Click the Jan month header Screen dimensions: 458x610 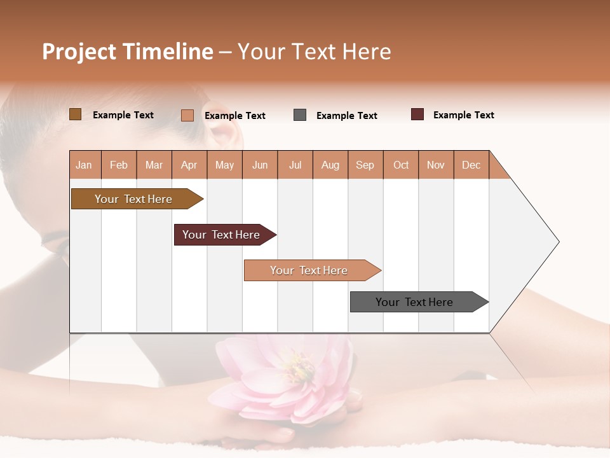click(84, 165)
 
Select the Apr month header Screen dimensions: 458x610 click(189, 165)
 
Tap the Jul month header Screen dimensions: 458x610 click(295, 165)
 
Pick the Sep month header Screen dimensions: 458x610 click(365, 165)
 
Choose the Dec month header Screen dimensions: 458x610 click(471, 165)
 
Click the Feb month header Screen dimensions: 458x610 click(119, 165)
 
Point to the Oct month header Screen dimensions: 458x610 click(401, 165)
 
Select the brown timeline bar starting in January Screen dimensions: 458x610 click(133, 199)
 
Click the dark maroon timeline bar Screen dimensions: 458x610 click(221, 235)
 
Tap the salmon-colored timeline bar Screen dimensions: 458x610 click(309, 270)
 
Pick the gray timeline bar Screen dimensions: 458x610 click(414, 302)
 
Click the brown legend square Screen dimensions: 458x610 click(75, 114)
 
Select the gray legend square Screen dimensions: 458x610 click(300, 115)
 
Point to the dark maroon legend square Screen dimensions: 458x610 click(417, 114)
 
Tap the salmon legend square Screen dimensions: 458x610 click(187, 115)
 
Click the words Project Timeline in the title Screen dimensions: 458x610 click(127, 52)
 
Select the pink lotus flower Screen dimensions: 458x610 click(286, 375)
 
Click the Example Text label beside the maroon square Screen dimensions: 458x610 click(463, 115)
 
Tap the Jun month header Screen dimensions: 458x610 click(260, 165)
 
